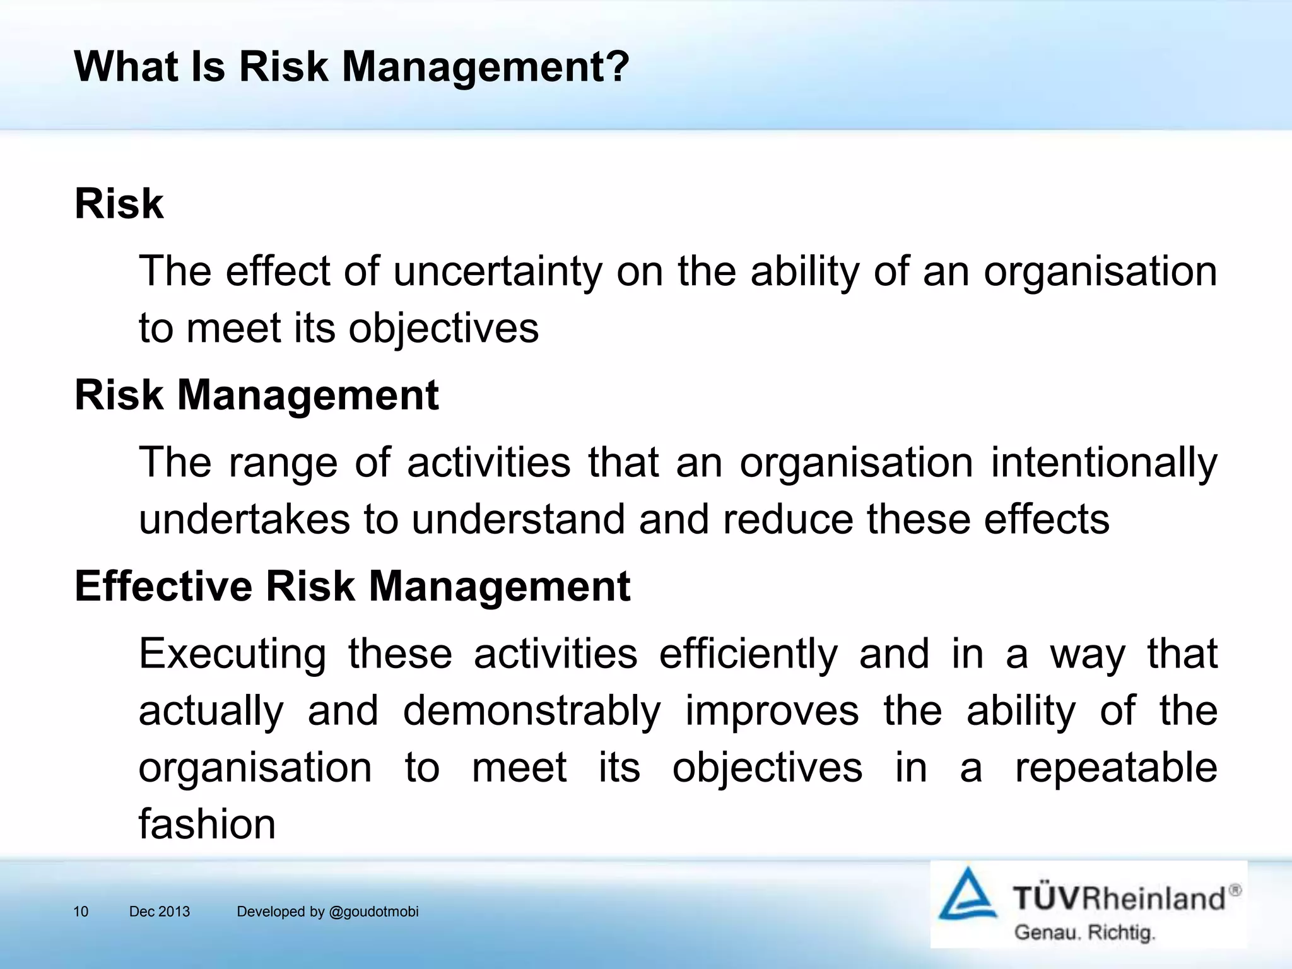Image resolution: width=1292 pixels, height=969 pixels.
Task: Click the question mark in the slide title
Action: (x=616, y=66)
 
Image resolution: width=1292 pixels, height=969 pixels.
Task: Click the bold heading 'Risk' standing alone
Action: (x=119, y=204)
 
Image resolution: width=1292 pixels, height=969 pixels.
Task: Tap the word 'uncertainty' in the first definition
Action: (x=498, y=271)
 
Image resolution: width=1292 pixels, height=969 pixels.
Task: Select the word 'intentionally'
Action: (x=1103, y=462)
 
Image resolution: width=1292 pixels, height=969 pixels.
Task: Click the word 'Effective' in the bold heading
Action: (x=163, y=586)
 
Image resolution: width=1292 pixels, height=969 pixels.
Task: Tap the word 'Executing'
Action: (x=232, y=654)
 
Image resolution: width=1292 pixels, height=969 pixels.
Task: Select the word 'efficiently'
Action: (x=748, y=654)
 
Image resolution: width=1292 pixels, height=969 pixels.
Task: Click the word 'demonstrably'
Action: (x=532, y=711)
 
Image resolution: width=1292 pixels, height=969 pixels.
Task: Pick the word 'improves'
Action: (x=772, y=711)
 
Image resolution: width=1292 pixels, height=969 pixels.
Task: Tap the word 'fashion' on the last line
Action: (x=207, y=825)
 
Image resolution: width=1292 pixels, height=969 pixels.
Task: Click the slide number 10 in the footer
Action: (x=81, y=912)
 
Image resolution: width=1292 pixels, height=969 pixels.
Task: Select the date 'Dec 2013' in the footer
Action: (x=159, y=912)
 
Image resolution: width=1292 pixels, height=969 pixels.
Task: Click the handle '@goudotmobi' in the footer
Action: (x=373, y=912)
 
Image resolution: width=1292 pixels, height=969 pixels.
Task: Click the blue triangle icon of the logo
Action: (x=968, y=895)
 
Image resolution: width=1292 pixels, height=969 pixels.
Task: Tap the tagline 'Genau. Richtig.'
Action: (x=1084, y=932)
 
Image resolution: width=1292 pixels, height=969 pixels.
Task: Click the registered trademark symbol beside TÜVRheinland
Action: (x=1235, y=890)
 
